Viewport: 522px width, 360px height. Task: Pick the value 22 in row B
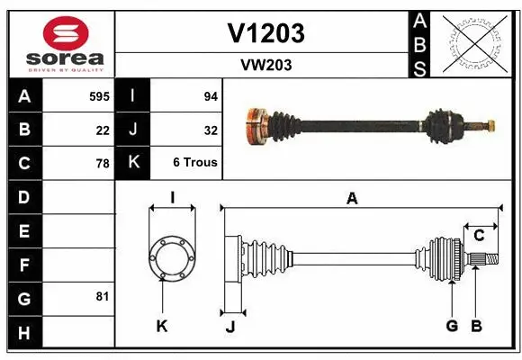coord(103,130)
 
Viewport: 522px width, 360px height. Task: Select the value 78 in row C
coord(103,164)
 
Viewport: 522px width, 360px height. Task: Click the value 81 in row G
coord(103,296)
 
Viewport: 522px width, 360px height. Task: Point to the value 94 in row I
coord(211,95)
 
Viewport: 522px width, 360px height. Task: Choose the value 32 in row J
coord(211,130)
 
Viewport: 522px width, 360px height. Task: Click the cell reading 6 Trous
coord(195,164)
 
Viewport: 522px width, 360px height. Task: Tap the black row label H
coord(24,333)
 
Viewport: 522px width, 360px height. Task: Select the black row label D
coord(24,197)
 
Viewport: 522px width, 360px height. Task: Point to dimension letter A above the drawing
coord(352,199)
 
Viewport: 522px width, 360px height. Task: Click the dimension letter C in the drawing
coord(480,235)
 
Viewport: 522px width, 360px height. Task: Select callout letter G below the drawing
coord(452,326)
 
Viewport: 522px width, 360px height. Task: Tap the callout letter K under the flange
coord(162,326)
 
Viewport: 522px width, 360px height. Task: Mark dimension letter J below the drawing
coord(230,328)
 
